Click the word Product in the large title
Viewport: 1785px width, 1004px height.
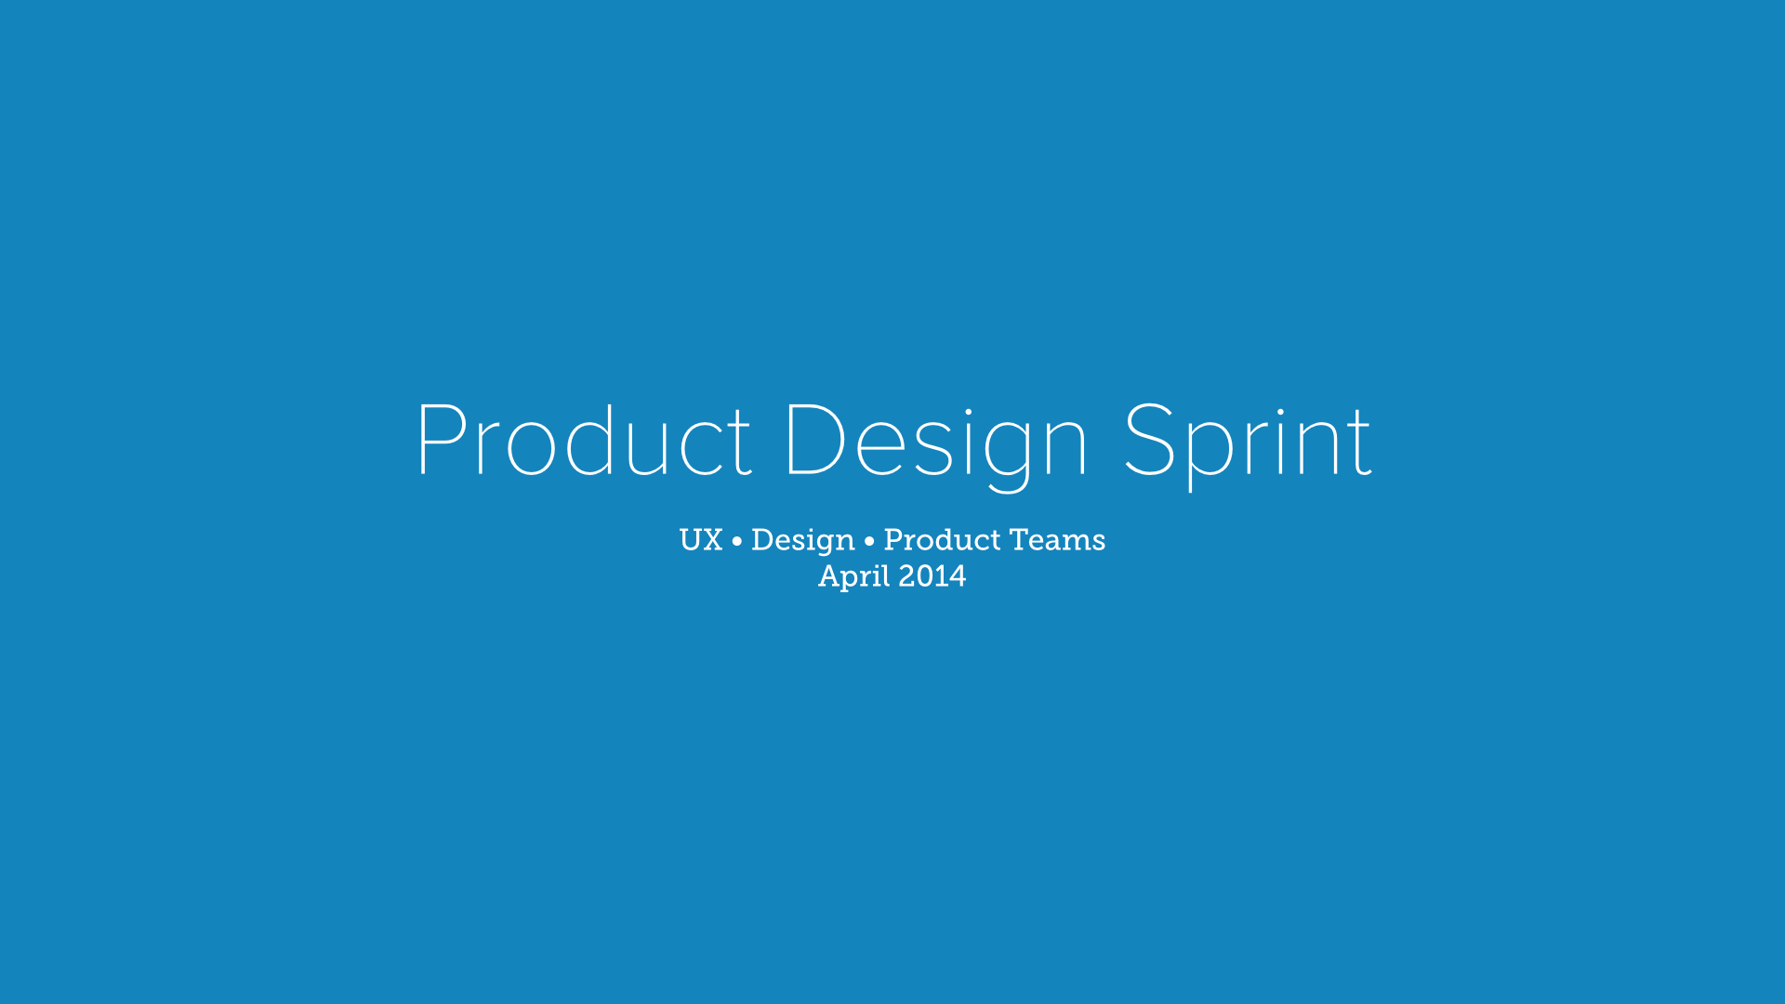584,440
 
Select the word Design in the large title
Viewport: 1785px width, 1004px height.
936,447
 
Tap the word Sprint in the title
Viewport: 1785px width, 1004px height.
1248,447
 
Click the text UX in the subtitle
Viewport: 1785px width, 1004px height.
701,540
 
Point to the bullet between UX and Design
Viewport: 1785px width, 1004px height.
737,541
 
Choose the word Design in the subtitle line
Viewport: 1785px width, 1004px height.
803,542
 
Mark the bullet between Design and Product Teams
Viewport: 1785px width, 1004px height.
869,541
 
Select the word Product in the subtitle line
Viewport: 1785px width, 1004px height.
942,540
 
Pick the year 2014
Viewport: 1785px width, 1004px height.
932,576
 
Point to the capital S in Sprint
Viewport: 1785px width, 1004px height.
1150,440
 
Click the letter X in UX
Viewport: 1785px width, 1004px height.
712,540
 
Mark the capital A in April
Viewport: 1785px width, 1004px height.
830,576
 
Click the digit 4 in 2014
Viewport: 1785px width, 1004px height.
957,576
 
